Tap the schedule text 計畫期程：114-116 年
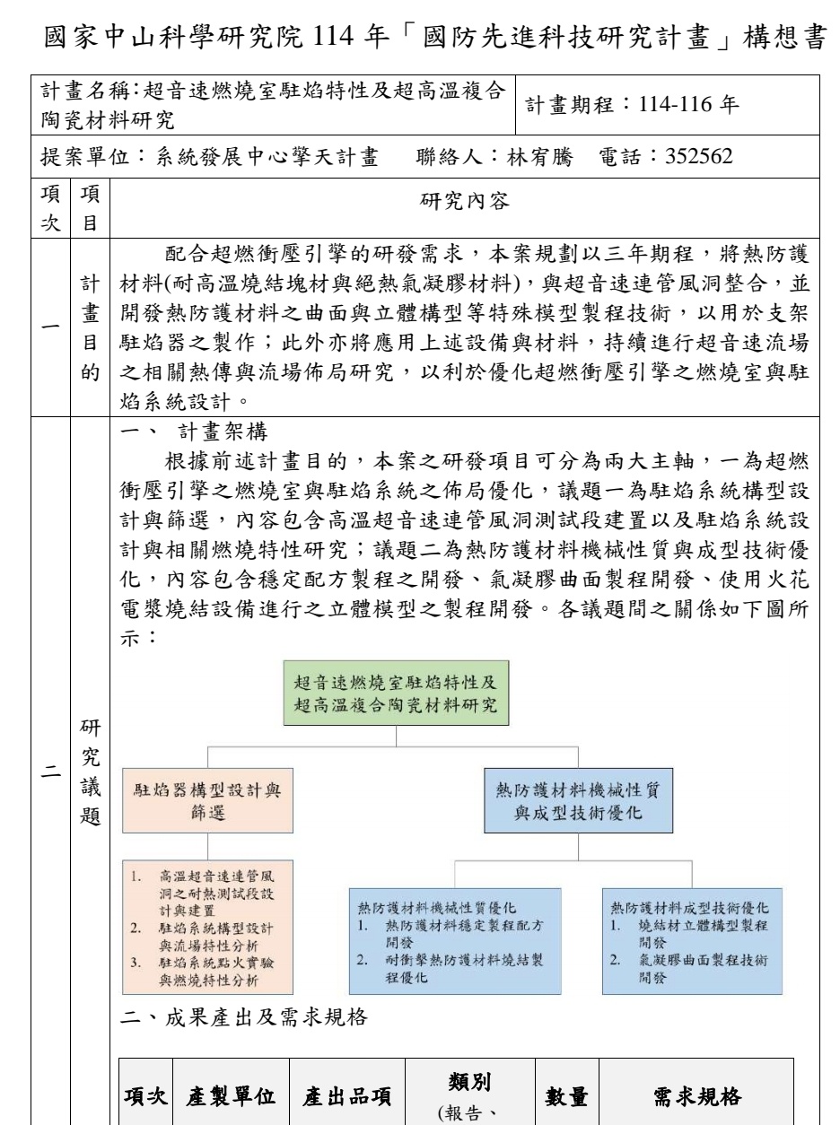click(x=633, y=109)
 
